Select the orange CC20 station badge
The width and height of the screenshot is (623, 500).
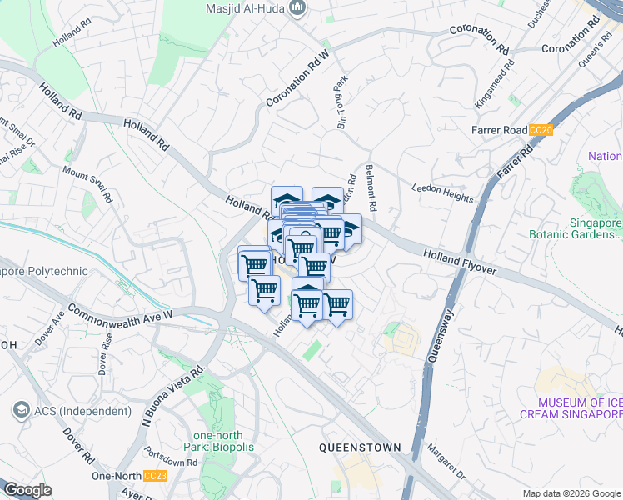pyautogui.click(x=541, y=130)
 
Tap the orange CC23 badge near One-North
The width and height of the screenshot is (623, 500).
pyautogui.click(x=154, y=476)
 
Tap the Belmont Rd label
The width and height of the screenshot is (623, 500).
pyautogui.click(x=371, y=187)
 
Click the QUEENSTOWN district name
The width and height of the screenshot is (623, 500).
pyautogui.click(x=361, y=447)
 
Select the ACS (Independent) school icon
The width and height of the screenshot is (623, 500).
pyautogui.click(x=20, y=411)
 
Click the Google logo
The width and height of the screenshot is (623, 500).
pyautogui.click(x=28, y=490)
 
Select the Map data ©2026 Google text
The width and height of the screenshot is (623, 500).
pyautogui.click(x=571, y=493)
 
